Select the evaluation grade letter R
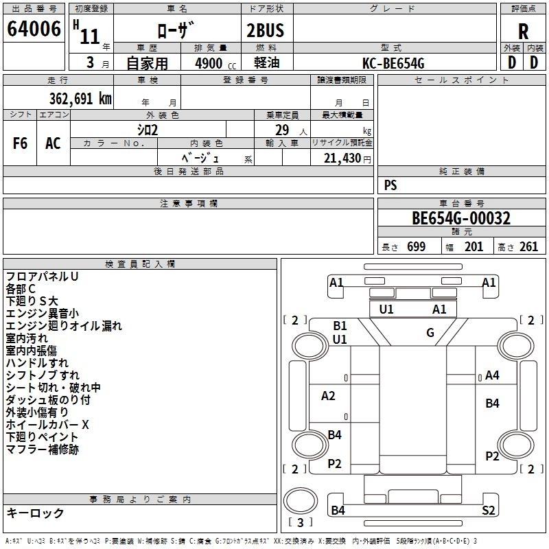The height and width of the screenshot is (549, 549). tap(523, 31)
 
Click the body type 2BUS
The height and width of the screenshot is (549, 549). tap(265, 30)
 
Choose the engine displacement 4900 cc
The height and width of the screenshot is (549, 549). tap(213, 63)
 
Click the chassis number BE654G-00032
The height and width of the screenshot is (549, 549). tap(461, 219)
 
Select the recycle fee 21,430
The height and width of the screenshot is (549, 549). tap(341, 158)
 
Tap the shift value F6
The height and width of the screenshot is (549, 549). tap(21, 143)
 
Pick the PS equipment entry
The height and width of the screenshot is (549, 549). tap(390, 185)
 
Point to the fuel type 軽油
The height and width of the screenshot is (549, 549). tap(265, 63)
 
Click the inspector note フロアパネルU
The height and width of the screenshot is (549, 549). tap(42, 277)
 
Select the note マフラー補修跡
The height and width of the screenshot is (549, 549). tap(42, 449)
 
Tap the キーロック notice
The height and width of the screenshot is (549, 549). tap(35, 513)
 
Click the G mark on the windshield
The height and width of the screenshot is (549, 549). tap(430, 333)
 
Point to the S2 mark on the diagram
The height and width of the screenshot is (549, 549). tap(489, 510)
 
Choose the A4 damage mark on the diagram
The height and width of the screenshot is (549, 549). tap(492, 375)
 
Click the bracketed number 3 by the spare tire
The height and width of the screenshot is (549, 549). tap(300, 522)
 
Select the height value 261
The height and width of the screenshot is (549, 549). tap(529, 247)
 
